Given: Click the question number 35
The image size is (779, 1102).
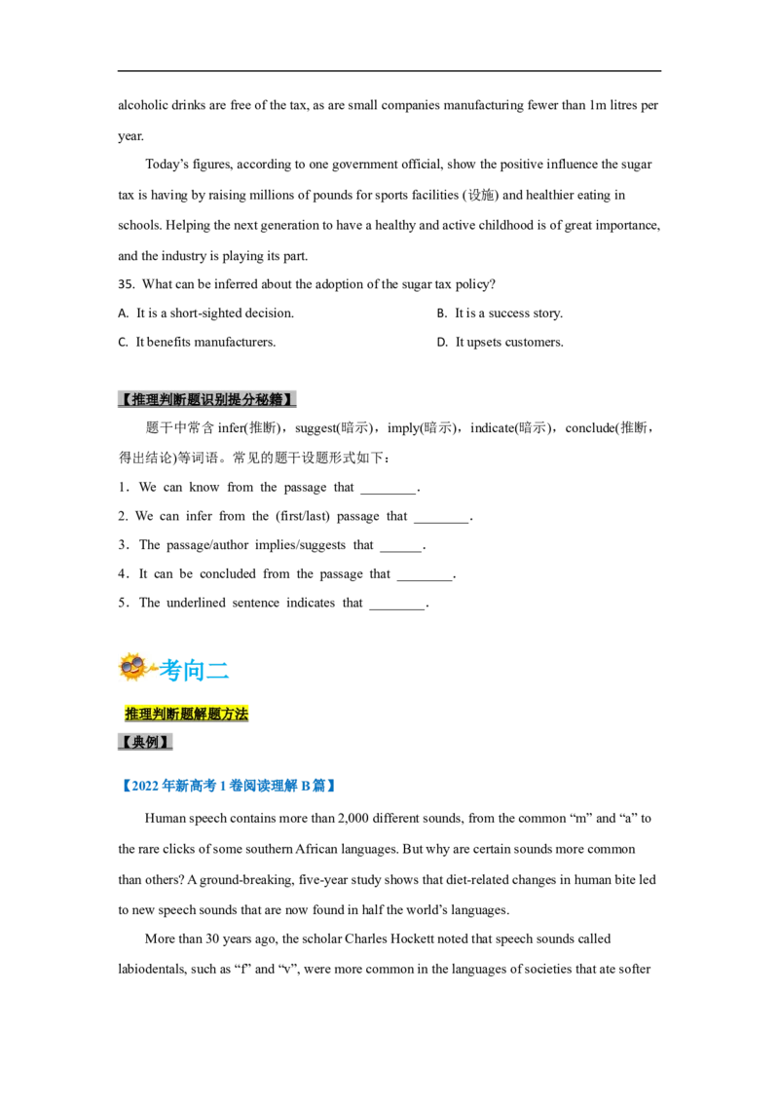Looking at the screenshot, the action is [126, 284].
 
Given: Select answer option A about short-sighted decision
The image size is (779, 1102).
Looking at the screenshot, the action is [206, 313].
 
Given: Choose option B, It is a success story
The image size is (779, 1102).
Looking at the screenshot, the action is [500, 313].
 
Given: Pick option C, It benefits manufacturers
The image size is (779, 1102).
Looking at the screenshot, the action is [197, 343].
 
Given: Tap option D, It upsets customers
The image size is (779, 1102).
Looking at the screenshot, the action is [500, 343].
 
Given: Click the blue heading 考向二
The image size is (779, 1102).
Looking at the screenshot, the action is [194, 670].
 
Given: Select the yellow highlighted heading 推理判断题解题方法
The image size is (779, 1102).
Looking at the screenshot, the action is [186, 714].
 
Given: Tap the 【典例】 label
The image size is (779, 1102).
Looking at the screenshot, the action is [145, 742].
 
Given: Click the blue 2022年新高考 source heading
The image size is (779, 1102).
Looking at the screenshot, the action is [228, 786].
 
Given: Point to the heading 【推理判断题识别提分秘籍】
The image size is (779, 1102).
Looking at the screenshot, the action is [206, 399].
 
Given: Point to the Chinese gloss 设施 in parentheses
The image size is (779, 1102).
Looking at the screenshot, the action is [482, 196].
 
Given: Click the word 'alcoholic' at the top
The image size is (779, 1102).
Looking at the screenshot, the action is [143, 105].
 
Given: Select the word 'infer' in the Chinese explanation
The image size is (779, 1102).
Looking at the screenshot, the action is [231, 428].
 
